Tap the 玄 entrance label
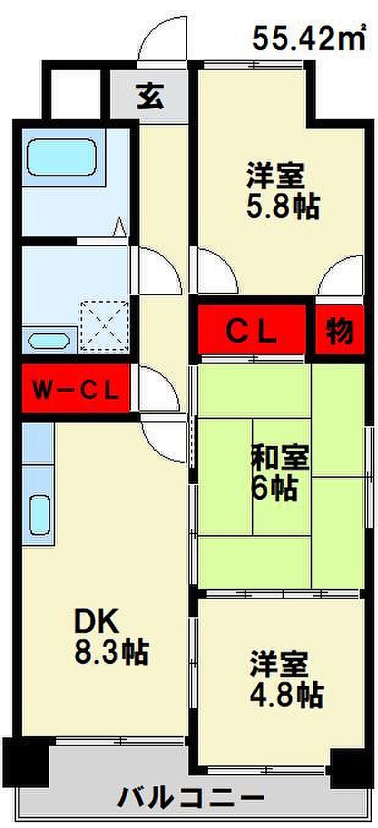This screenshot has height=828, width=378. [x=149, y=96]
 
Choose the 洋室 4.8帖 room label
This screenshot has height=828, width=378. [x=286, y=678]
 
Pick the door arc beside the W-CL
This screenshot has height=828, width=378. [x=158, y=388]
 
